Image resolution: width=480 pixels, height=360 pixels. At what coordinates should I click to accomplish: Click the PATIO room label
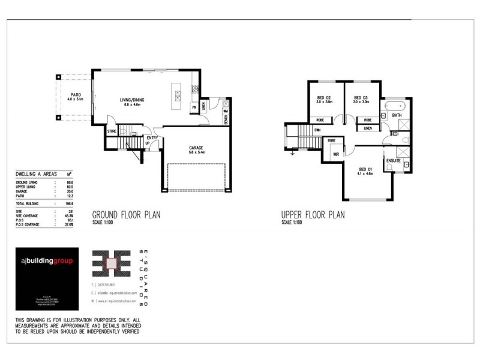point(76,95)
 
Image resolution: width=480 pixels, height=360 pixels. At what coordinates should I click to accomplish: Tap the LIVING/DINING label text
point(132,100)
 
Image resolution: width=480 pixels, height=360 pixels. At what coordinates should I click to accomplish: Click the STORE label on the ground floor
point(111,130)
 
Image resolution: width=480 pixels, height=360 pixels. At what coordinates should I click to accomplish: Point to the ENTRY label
point(152,137)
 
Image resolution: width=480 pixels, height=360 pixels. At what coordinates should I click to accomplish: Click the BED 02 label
point(324,97)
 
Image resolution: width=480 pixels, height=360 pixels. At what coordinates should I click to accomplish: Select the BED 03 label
point(360,97)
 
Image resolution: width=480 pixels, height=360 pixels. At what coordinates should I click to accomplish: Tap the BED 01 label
point(365,169)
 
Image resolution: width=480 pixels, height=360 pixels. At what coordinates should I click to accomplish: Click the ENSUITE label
point(394,160)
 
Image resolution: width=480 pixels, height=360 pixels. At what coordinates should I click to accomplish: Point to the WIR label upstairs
point(328,154)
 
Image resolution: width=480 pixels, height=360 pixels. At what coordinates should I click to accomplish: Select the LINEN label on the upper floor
point(367,128)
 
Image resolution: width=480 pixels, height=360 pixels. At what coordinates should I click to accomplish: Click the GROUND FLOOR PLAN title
point(125,214)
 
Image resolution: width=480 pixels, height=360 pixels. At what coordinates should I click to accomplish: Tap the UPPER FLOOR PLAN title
point(313,214)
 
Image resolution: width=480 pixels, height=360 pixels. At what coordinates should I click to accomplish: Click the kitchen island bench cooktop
point(177,95)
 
